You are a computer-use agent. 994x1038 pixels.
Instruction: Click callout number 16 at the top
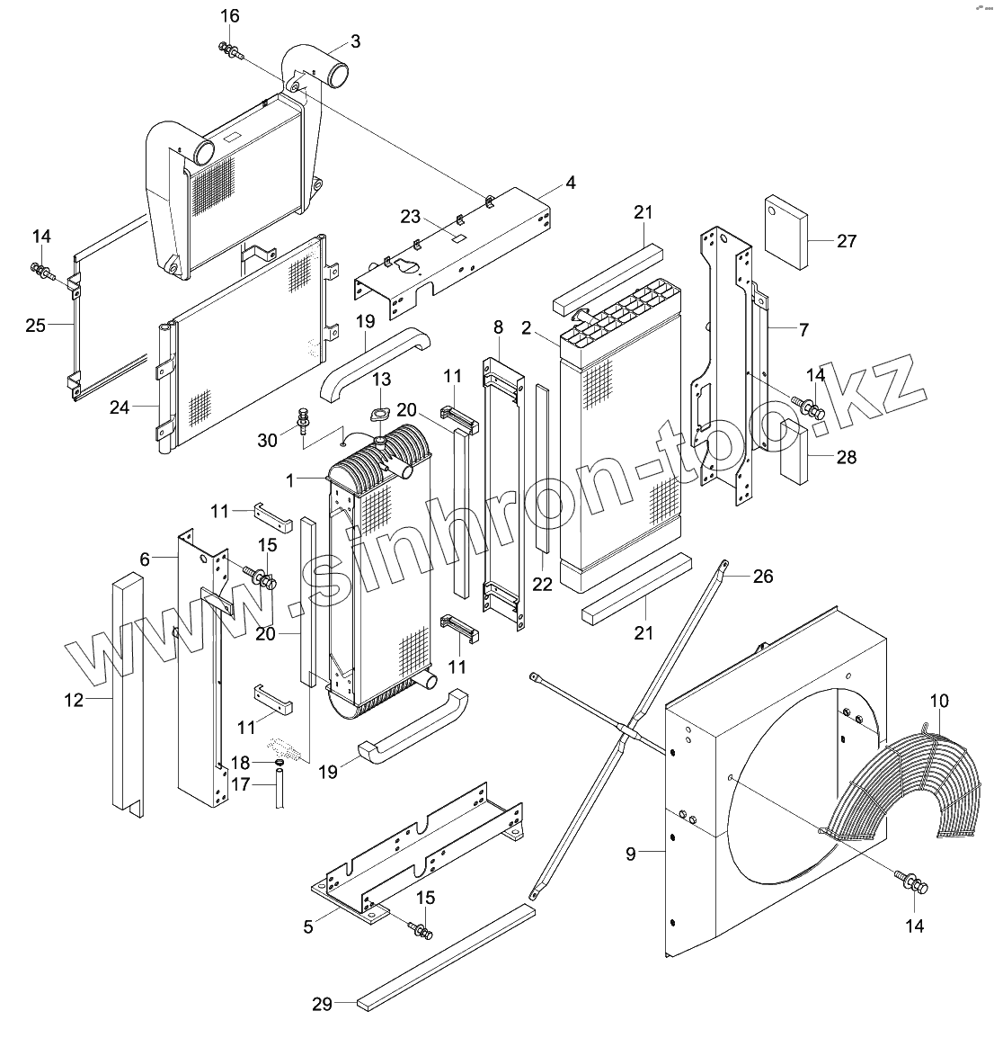tap(230, 16)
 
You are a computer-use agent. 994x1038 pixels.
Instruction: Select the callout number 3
tap(355, 41)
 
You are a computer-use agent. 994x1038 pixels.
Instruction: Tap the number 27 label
tap(846, 241)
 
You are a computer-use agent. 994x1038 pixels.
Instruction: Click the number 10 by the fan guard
tap(939, 700)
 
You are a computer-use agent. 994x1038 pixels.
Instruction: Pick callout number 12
tap(74, 699)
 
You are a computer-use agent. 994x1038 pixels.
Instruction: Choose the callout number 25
tap(35, 326)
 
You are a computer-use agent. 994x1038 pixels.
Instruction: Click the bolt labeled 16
tap(229, 52)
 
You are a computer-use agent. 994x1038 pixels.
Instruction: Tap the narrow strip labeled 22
tap(542, 468)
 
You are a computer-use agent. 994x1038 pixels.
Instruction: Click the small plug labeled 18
tap(279, 764)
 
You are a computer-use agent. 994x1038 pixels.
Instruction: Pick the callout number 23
tap(411, 217)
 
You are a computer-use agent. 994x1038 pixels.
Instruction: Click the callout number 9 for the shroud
tap(631, 853)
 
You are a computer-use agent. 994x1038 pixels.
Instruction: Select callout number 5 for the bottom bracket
tap(308, 926)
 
